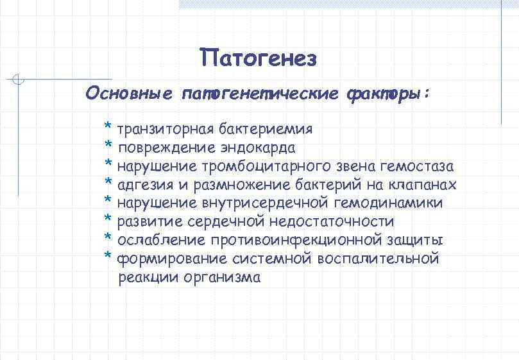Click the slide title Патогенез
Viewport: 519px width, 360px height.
pos(258,58)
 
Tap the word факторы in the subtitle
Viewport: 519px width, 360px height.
pos(384,94)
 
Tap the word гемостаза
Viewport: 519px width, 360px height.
pos(417,166)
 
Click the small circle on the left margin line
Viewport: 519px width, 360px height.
pos(19,80)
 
